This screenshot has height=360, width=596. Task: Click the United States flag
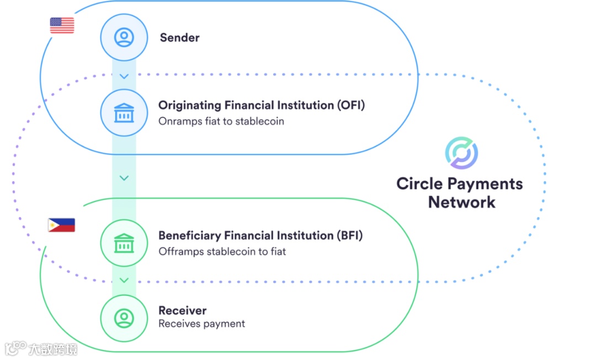tap(62, 25)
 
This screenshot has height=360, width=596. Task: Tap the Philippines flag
tap(61, 225)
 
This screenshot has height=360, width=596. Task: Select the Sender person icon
tap(124, 38)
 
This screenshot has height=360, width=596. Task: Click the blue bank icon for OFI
tap(124, 113)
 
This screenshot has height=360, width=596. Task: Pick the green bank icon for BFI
tap(124, 243)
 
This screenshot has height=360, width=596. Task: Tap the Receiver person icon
tap(124, 317)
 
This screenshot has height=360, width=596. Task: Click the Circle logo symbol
tap(461, 153)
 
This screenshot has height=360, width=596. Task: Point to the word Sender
tap(179, 38)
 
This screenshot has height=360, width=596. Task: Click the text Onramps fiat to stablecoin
tap(221, 121)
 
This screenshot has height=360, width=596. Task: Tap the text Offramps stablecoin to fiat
tap(222, 252)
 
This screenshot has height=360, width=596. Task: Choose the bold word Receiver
tap(183, 310)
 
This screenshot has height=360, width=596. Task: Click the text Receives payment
tap(201, 324)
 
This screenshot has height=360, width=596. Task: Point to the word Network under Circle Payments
tap(461, 202)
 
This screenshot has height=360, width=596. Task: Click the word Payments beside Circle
tap(485, 183)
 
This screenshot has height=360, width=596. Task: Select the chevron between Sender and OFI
tap(124, 76)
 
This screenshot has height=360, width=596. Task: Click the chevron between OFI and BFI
tap(124, 178)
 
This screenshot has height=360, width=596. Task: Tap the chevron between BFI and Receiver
tap(124, 280)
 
